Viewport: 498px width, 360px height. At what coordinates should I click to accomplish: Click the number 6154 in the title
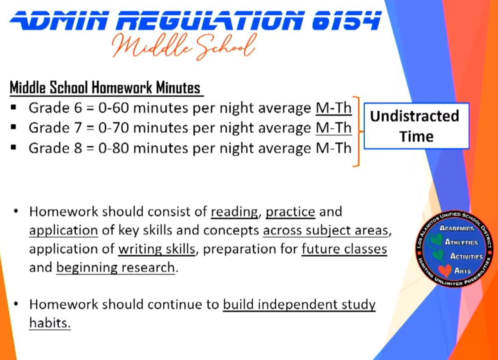(x=346, y=20)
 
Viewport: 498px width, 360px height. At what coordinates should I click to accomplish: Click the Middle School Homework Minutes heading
(x=105, y=87)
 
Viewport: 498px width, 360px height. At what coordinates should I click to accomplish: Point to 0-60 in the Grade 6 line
(x=114, y=108)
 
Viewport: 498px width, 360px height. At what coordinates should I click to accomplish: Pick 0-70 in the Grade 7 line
(x=114, y=128)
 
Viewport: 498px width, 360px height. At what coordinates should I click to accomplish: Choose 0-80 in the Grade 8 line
(x=114, y=148)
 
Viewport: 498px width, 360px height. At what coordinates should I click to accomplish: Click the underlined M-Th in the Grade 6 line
(x=333, y=108)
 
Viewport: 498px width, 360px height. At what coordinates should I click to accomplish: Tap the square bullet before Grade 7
(x=14, y=127)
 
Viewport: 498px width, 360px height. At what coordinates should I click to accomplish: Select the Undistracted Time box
(x=417, y=126)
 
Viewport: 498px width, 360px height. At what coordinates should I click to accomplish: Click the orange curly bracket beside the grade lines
(x=357, y=132)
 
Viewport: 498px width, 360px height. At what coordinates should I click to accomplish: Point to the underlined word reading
(x=234, y=212)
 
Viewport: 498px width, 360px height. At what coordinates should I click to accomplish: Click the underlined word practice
(x=290, y=212)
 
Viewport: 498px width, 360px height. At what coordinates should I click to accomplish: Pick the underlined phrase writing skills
(x=156, y=249)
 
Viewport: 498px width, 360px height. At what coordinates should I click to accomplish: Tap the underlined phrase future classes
(x=344, y=249)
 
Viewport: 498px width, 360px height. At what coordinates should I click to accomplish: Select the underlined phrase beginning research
(x=116, y=268)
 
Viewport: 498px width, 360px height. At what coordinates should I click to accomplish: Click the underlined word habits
(x=50, y=323)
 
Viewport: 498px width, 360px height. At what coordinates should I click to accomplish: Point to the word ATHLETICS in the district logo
(x=461, y=242)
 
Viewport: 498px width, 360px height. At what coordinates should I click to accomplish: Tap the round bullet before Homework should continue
(x=16, y=304)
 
